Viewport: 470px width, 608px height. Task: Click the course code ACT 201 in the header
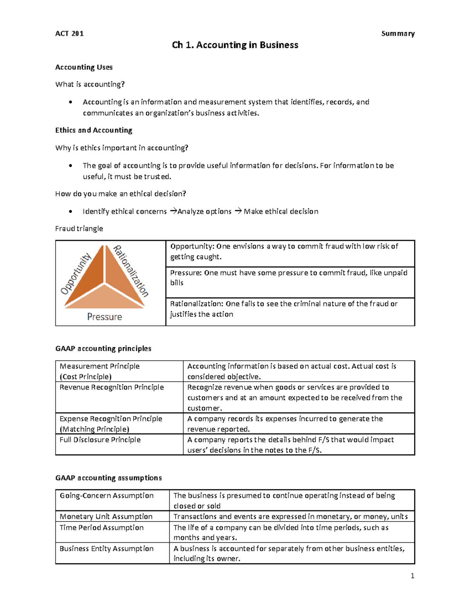(x=69, y=34)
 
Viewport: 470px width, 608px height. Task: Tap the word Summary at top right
(x=398, y=34)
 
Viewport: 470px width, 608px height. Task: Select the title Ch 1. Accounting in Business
(x=235, y=45)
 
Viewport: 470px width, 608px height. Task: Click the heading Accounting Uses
(x=84, y=67)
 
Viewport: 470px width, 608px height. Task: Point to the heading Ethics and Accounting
(x=94, y=130)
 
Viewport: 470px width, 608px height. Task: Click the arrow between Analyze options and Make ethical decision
(x=238, y=211)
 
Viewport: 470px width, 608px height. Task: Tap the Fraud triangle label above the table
(x=79, y=229)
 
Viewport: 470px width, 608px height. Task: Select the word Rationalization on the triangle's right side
(x=131, y=271)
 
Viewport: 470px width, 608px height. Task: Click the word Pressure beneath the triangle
(x=105, y=317)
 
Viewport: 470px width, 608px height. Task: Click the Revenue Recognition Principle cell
(x=112, y=387)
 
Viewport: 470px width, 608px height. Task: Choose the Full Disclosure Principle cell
(x=100, y=440)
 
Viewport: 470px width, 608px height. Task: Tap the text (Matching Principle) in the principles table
(x=94, y=429)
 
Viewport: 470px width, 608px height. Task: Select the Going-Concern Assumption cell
(x=107, y=496)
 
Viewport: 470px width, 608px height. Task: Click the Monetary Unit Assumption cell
(x=106, y=517)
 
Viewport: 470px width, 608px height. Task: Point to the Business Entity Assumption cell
(x=107, y=548)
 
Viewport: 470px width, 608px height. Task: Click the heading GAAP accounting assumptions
(x=108, y=478)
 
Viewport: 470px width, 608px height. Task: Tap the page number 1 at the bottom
(x=412, y=576)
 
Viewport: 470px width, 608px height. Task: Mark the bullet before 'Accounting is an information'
(x=70, y=102)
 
